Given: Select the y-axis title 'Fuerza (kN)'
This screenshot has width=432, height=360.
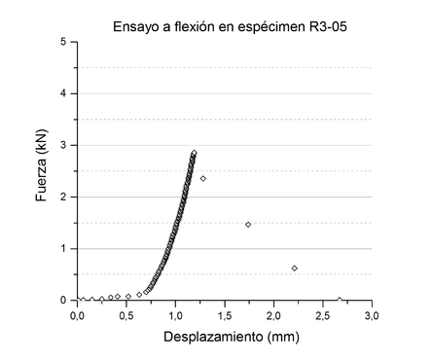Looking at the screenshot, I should (x=40, y=171).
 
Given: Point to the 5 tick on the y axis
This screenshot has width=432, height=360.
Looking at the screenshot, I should (x=63, y=42).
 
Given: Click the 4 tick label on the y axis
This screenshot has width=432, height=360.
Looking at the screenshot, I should (x=63, y=93).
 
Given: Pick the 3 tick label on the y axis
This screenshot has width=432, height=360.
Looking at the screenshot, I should (x=63, y=145).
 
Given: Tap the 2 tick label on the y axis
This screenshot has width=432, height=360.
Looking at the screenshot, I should (x=63, y=197).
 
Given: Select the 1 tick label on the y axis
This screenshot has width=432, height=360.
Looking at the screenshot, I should (x=63, y=248).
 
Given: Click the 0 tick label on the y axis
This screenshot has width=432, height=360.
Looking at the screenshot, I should (x=63, y=300).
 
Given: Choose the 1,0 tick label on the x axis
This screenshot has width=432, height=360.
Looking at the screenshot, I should (x=175, y=315).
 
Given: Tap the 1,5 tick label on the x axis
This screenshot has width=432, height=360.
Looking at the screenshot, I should (x=224, y=315).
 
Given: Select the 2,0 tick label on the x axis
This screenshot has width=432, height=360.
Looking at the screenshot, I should (x=273, y=315).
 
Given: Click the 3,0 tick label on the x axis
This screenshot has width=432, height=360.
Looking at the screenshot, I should (x=371, y=315).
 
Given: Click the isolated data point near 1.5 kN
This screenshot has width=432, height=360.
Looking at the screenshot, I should (x=248, y=225).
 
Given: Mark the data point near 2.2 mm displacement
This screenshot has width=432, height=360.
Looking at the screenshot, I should (x=294, y=268).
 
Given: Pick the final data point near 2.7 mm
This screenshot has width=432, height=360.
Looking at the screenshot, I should (x=339, y=300).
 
